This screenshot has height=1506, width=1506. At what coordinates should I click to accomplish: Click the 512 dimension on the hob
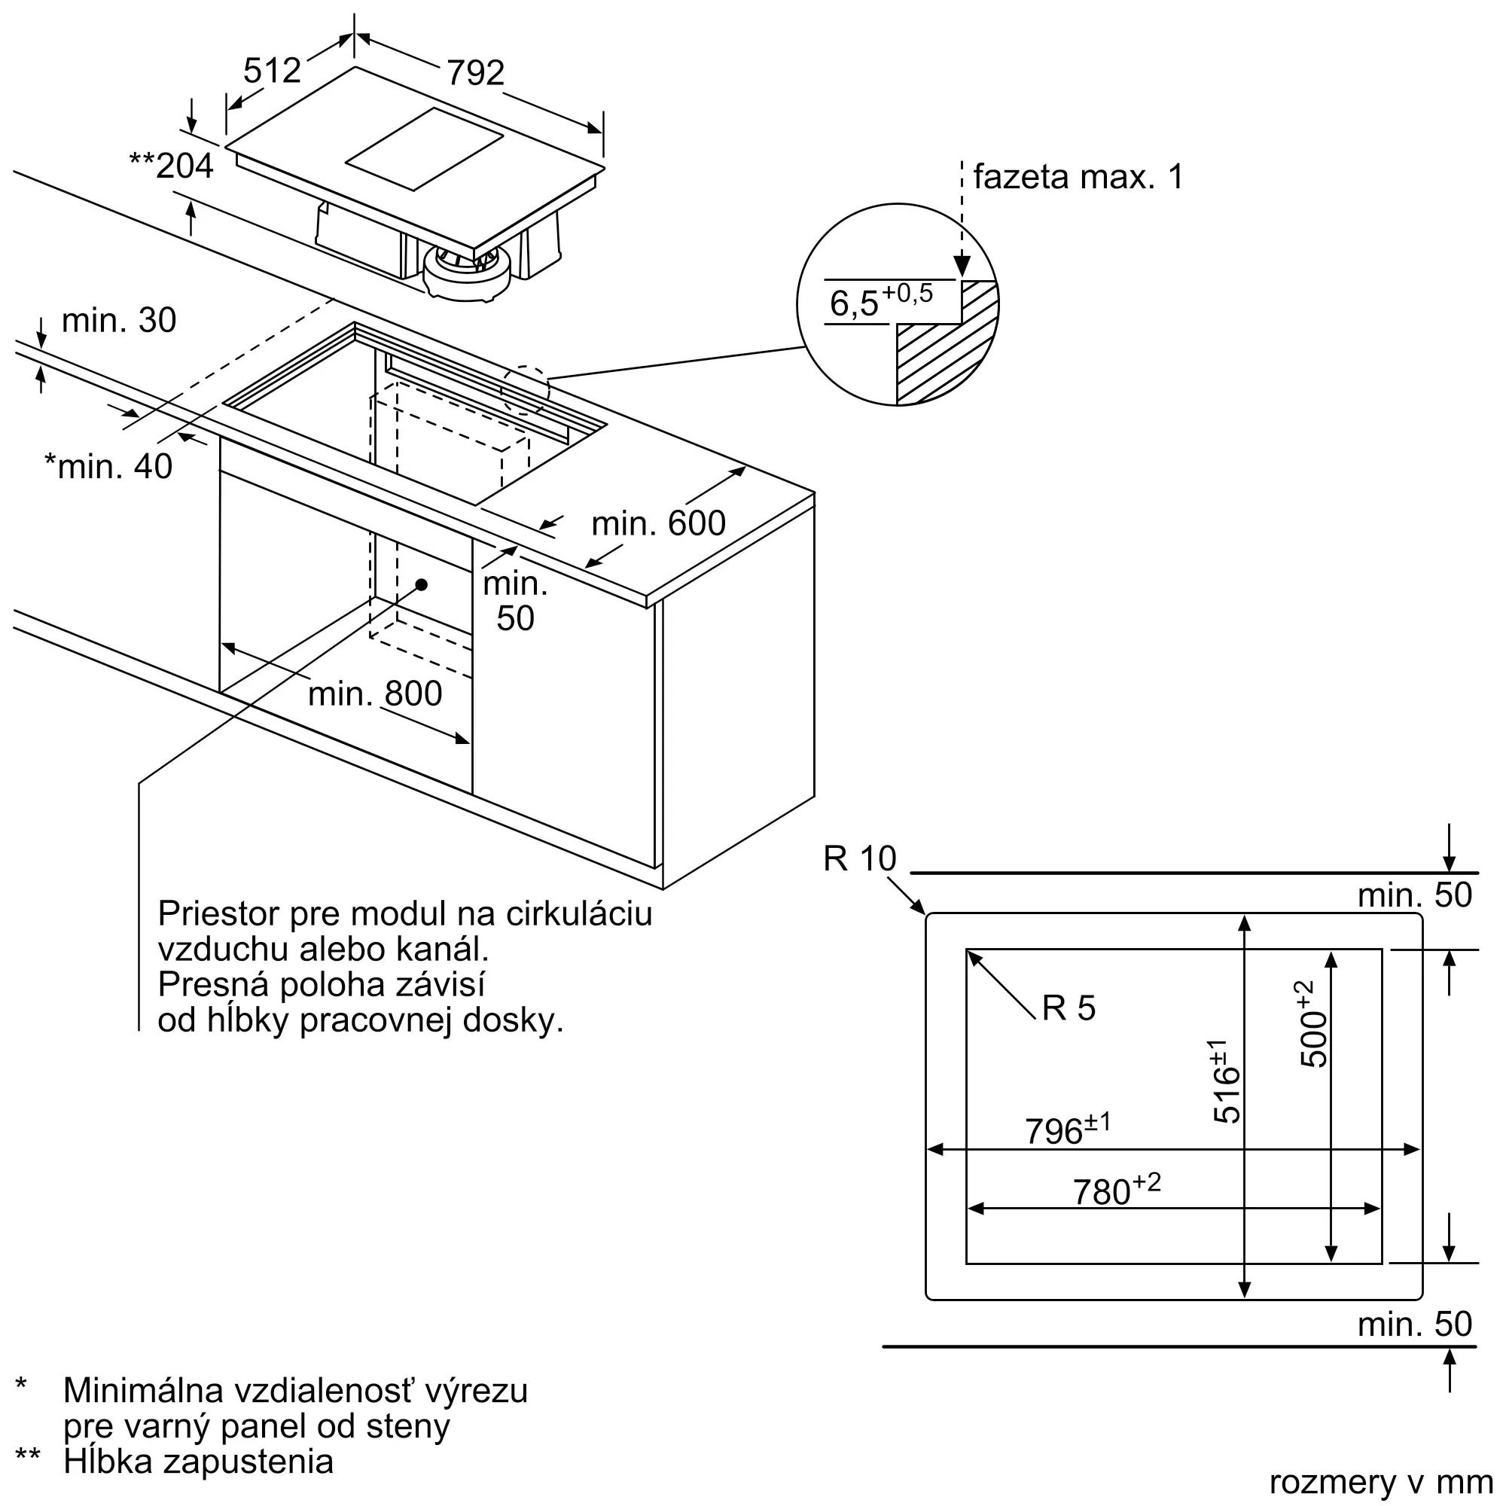pyautogui.click(x=272, y=71)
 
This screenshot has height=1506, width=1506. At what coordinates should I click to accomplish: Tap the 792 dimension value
pyautogui.click(x=475, y=73)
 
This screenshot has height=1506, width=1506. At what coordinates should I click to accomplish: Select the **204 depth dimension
pyautogui.click(x=172, y=166)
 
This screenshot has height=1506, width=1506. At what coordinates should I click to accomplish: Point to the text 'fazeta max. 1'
pyautogui.click(x=1078, y=177)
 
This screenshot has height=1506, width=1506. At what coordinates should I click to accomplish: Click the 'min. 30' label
pyautogui.click(x=118, y=320)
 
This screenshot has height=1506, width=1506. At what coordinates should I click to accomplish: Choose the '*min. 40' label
pyautogui.click(x=108, y=466)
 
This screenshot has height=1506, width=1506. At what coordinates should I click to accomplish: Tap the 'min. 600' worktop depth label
pyautogui.click(x=658, y=523)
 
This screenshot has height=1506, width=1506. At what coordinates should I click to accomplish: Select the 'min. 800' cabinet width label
pyautogui.click(x=375, y=693)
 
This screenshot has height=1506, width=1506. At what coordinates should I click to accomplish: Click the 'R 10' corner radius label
pyautogui.click(x=860, y=859)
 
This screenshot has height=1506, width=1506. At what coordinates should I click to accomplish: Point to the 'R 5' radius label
pyautogui.click(x=1069, y=1008)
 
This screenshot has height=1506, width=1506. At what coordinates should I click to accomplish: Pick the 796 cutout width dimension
pyautogui.click(x=1066, y=1129)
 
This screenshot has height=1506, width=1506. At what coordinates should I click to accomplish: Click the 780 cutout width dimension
pyautogui.click(x=1116, y=1190)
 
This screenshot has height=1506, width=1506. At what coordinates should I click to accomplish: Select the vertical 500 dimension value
pyautogui.click(x=1312, y=1024)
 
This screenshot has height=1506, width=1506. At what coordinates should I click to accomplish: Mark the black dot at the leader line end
pyautogui.click(x=422, y=584)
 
